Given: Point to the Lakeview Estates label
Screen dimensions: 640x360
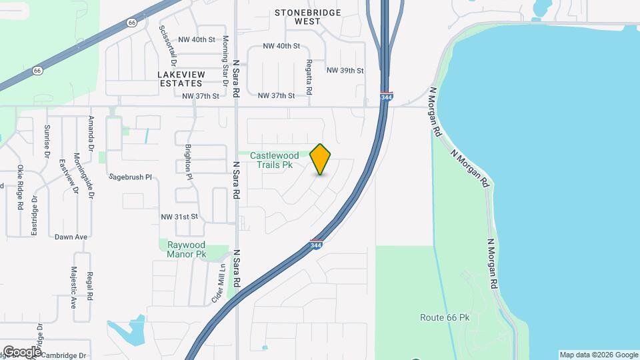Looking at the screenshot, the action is [x=180, y=79].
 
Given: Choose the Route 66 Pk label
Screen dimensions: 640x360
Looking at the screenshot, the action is [x=445, y=318].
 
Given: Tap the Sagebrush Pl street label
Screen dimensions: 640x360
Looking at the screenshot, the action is [x=131, y=178].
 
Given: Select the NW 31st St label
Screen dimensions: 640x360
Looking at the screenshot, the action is [x=180, y=217].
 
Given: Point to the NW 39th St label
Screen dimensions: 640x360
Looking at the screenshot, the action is [x=345, y=71].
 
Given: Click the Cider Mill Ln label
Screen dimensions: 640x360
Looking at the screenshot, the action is [x=217, y=283].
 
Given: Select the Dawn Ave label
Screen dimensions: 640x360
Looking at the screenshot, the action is [x=71, y=237].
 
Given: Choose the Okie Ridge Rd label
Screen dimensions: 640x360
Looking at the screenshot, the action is [x=21, y=188].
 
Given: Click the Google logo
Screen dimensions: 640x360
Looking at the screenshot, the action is [x=21, y=352].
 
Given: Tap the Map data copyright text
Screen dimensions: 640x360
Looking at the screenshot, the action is [x=599, y=355].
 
